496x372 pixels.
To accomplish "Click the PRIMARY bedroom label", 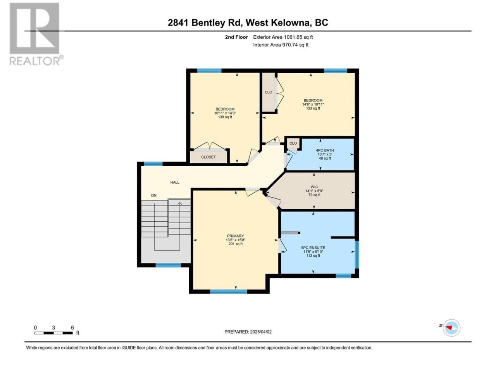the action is [235, 236].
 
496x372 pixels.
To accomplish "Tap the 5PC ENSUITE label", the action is [313, 248].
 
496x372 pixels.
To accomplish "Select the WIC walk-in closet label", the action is [314, 187].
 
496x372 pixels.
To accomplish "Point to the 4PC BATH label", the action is [325, 150].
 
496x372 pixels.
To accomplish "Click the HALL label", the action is [175, 182].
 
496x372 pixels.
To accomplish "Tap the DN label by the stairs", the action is [154, 195].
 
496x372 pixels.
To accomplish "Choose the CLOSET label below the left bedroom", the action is [208, 157].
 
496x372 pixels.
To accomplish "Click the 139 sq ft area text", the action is [225, 117].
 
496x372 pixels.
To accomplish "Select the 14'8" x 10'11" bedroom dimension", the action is [313, 104].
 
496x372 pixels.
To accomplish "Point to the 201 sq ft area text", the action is [235, 244].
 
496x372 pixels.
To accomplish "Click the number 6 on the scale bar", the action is [72, 327].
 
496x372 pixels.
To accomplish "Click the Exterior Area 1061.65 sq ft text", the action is [283, 37].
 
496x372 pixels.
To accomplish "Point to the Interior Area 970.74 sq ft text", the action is [281, 45].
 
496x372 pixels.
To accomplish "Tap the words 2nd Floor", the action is [236, 37].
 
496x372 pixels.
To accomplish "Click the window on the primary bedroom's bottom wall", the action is [229, 291].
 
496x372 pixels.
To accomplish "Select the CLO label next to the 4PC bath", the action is [293, 143].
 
